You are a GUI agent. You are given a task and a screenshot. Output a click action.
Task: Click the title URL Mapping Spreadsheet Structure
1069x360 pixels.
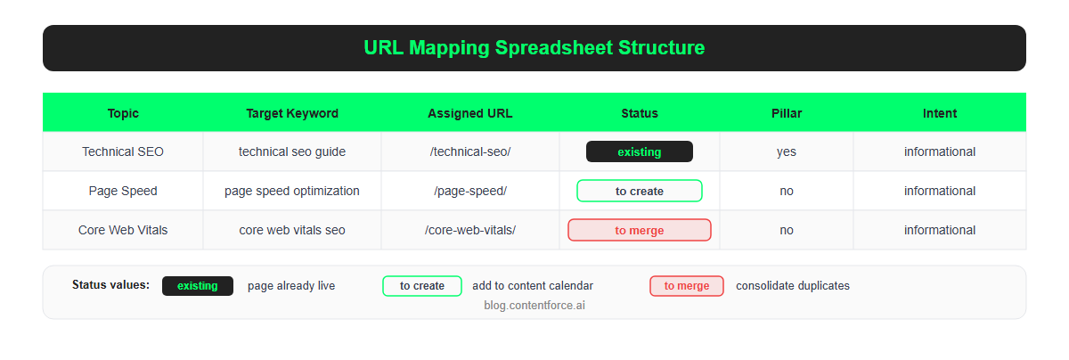click(534, 48)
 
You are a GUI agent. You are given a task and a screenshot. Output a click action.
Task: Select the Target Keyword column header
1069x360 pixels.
click(292, 113)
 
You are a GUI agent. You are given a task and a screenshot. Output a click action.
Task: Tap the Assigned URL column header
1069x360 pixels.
click(470, 113)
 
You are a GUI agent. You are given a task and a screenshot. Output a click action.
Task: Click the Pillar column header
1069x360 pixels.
click(787, 113)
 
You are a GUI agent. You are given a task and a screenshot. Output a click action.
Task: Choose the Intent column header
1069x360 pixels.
click(940, 113)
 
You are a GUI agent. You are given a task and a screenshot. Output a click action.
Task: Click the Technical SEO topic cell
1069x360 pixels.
click(123, 151)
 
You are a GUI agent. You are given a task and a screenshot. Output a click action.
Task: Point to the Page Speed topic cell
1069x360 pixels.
click(123, 191)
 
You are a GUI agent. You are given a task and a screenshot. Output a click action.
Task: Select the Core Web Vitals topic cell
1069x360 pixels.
click(123, 230)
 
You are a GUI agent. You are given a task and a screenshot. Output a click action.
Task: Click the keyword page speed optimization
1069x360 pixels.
click(292, 191)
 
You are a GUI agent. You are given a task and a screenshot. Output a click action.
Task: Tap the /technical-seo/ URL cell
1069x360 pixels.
click(470, 151)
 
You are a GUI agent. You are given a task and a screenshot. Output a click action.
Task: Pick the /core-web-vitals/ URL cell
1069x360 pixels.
click(470, 230)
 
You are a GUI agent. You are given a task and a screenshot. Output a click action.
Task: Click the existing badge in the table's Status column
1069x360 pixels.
click(640, 151)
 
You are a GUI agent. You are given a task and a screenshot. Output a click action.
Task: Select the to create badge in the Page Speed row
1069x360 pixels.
click(640, 191)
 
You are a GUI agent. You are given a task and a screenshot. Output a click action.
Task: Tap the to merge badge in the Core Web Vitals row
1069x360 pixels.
click(640, 230)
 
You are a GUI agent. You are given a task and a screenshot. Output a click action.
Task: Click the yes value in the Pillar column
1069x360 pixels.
click(787, 151)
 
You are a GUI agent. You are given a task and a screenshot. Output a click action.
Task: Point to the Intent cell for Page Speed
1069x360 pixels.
click(940, 191)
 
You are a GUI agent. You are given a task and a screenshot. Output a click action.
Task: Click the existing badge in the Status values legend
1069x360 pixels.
click(198, 286)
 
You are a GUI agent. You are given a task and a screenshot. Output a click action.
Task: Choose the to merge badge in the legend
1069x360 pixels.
click(687, 286)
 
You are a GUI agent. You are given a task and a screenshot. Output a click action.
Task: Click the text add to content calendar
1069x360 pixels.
click(533, 286)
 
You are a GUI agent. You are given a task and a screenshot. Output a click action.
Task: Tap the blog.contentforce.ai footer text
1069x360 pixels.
click(534, 305)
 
